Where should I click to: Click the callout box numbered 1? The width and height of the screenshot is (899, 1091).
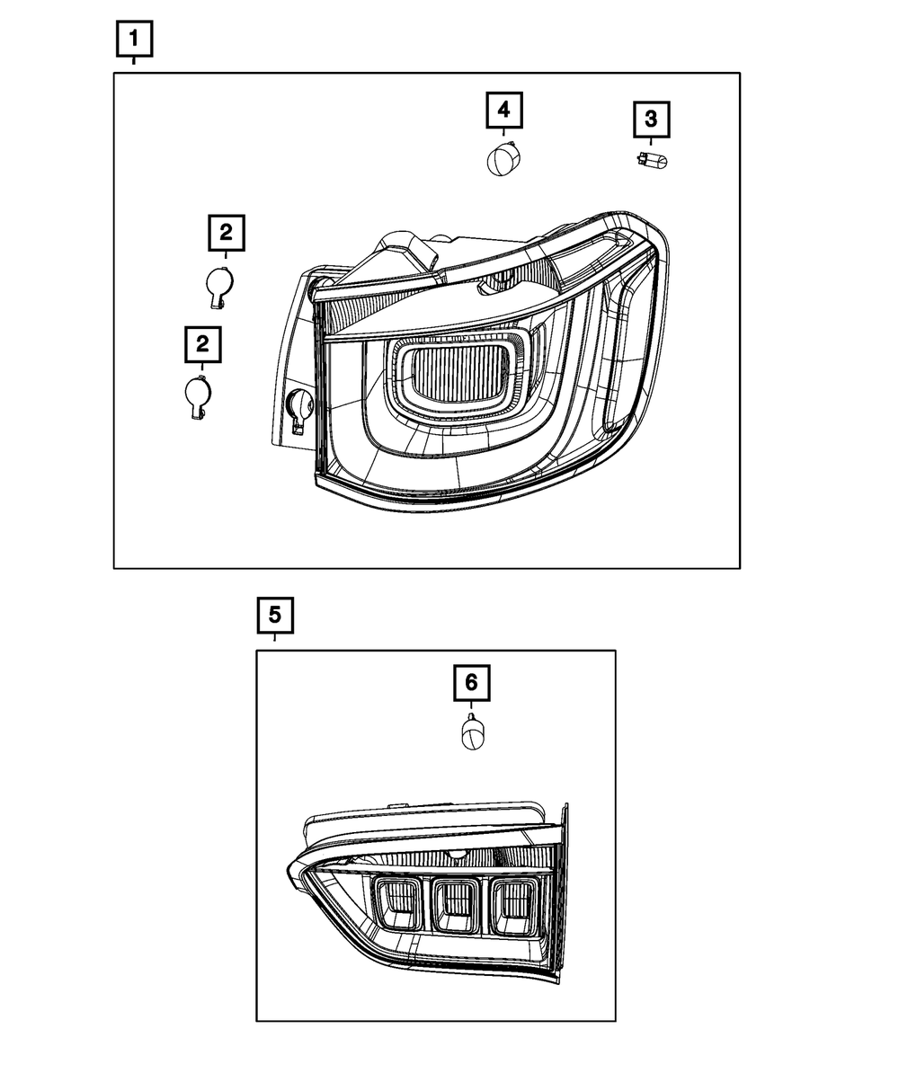[134, 39]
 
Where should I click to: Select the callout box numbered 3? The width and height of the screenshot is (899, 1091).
[652, 118]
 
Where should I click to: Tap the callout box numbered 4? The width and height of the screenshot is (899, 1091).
[503, 110]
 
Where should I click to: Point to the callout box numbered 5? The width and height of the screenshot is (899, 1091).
[274, 616]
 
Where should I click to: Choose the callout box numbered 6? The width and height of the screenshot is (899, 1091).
[471, 684]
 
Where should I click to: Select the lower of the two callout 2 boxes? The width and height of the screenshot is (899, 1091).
[202, 343]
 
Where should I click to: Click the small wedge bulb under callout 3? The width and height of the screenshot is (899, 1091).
[652, 161]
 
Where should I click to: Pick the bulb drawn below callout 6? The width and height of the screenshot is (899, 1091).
[471, 733]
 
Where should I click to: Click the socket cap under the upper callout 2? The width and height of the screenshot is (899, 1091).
[218, 284]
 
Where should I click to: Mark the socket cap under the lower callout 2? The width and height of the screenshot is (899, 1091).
[197, 395]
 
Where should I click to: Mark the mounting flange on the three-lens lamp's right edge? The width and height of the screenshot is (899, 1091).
[563, 863]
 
